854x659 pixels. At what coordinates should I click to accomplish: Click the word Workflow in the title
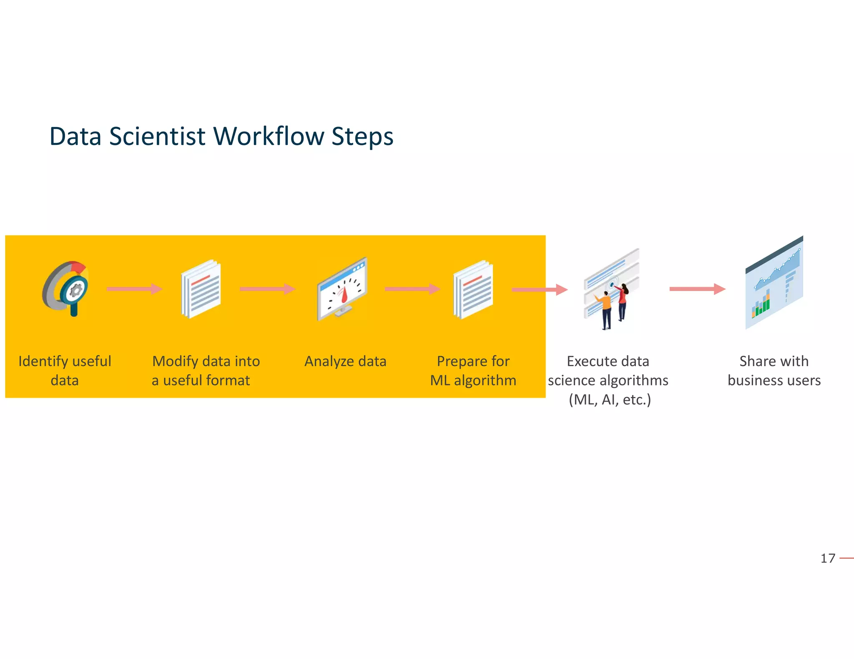point(269,137)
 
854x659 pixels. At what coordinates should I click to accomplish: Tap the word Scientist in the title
point(157,137)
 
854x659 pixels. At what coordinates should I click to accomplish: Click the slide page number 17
point(828,558)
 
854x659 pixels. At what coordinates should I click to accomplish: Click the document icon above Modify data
point(201,289)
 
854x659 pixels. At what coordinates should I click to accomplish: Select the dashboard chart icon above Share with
point(774,283)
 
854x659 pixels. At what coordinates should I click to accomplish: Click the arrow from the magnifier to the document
point(134,289)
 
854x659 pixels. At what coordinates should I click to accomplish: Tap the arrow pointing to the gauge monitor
point(267,289)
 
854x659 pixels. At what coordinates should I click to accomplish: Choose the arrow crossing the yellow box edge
point(539,290)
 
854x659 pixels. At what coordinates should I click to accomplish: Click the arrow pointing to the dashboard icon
point(697,289)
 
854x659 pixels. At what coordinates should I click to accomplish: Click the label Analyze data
point(345,361)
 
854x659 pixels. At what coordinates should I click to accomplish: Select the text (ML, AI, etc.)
point(610,399)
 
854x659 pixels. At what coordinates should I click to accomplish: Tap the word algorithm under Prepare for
point(485,380)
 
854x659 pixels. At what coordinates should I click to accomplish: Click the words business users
point(774,380)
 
